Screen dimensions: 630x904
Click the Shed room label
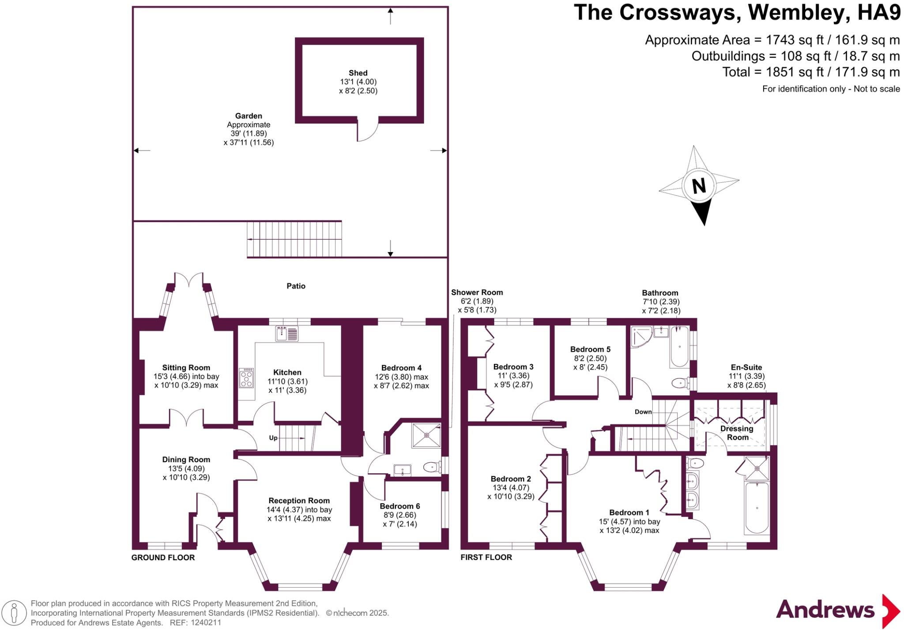[358, 73]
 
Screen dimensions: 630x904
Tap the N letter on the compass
[699, 186]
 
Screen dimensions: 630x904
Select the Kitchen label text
[287, 373]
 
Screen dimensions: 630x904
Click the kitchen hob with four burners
[246, 378]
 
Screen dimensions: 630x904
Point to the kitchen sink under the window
[287, 333]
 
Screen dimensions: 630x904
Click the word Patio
[296, 286]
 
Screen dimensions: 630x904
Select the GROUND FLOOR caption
[163, 558]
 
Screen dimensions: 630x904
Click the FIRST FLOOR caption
[486, 557]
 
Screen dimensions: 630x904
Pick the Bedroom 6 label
[399, 506]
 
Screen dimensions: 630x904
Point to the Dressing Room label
[737, 433]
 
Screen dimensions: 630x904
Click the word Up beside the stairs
[273, 438]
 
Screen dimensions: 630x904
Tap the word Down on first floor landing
[643, 412]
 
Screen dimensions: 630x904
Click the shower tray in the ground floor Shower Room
[426, 435]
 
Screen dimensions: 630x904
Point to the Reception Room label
[299, 501]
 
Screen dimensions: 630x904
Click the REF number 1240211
[206, 623]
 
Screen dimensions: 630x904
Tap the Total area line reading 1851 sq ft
[810, 72]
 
